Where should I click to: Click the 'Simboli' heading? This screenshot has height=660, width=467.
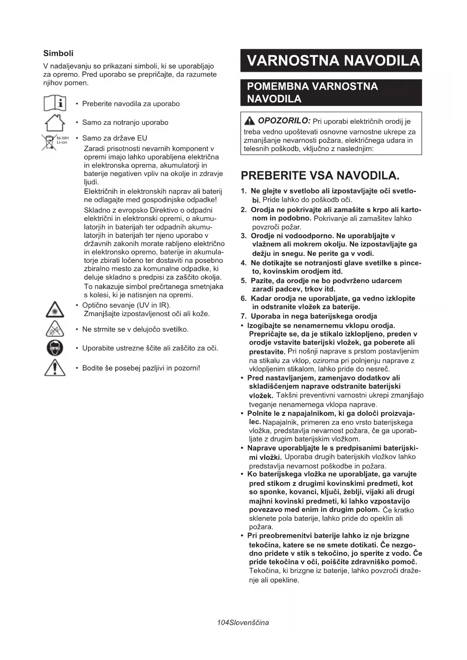pyautogui.click(x=58, y=53)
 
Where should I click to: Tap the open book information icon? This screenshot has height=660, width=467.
pyautogui.click(x=55, y=103)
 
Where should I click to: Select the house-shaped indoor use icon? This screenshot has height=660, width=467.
pyautogui.click(x=55, y=123)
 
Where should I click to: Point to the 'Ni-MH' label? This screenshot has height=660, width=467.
pyautogui.click(x=62, y=138)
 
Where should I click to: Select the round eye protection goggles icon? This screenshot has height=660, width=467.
pyautogui.click(x=55, y=348)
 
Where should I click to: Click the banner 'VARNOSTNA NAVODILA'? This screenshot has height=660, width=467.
pyautogui.click(x=331, y=61)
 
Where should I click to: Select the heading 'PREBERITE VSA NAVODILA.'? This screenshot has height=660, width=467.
pyautogui.click(x=320, y=175)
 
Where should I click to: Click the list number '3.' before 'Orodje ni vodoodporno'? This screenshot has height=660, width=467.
pyautogui.click(x=244, y=236)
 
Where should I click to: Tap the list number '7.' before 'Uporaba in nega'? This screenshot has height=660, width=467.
pyautogui.click(x=244, y=316)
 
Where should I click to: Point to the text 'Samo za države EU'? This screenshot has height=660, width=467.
pyautogui.click(x=114, y=138)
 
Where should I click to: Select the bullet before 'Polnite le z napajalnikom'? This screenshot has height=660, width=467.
pyautogui.click(x=242, y=414)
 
